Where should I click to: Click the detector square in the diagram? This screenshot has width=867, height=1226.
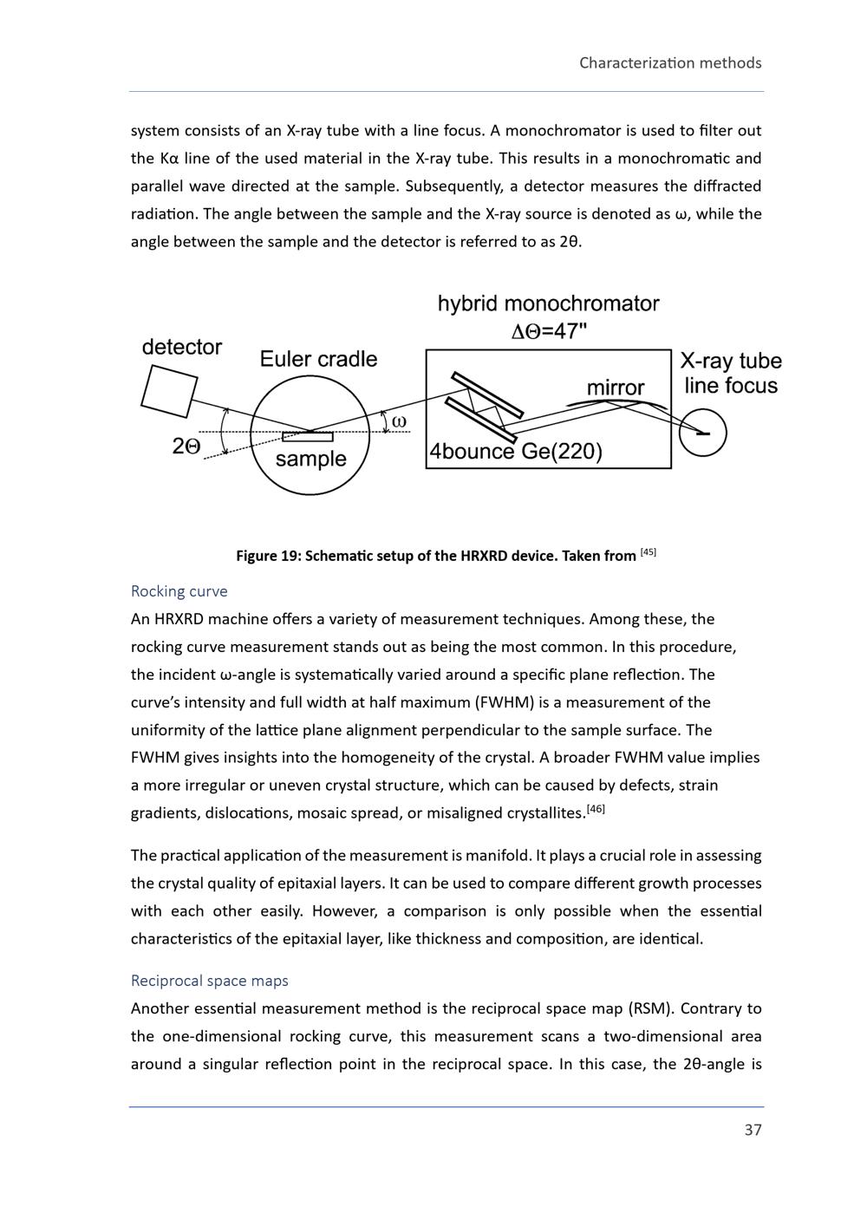169,391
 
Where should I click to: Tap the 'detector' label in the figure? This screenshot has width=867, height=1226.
182,348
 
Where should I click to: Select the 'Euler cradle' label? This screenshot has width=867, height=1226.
318,359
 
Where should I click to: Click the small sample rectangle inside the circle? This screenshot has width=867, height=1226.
308,436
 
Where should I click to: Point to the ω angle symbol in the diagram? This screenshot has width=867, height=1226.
399,422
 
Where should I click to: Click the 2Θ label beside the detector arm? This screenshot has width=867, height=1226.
186,447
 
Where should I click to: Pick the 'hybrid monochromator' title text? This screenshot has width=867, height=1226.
548,303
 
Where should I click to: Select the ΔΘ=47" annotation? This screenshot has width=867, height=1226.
549,330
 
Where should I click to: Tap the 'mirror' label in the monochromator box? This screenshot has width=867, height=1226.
616,388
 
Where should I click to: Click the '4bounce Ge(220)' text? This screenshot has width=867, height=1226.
516,452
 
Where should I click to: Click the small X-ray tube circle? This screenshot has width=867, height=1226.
702,433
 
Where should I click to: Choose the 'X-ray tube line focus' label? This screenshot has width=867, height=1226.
731,373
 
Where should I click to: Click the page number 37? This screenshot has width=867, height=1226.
753,1130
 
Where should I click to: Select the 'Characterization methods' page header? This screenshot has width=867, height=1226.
670,62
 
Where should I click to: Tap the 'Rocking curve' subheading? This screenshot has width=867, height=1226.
179,591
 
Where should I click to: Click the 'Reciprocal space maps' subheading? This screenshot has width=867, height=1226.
209,981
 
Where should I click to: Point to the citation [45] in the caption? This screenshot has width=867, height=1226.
648,552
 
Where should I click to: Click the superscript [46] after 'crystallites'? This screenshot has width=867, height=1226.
596,809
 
